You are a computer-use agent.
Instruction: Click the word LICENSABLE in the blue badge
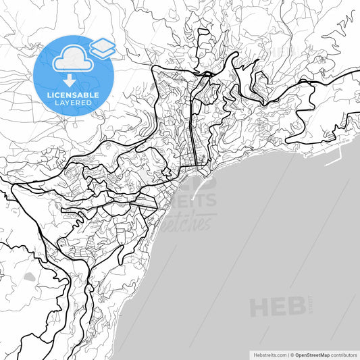[x=74, y=94]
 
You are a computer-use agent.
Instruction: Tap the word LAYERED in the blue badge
[x=74, y=103]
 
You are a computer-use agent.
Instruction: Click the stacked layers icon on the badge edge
[x=102, y=47]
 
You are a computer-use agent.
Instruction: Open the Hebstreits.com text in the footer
[x=269, y=354]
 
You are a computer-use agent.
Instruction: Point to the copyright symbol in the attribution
[x=292, y=354]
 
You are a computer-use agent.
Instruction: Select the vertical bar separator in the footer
[x=287, y=354]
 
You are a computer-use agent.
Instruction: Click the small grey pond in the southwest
[x=29, y=276]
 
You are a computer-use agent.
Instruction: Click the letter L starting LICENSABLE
[x=49, y=94]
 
